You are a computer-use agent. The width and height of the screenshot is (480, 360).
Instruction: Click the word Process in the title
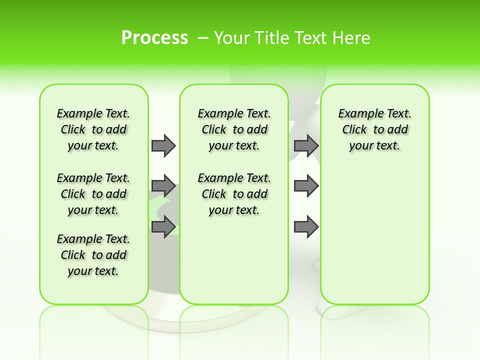coord(154,37)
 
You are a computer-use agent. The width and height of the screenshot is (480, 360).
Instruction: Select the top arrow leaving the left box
coord(163,145)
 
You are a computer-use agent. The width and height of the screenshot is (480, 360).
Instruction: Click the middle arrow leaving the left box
coord(163,186)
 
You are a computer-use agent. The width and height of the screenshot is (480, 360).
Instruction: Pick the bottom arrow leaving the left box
coord(163,227)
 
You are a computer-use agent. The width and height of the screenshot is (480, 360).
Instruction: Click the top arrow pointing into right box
coord(306,145)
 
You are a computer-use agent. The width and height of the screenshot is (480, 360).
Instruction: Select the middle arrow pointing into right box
coord(306,186)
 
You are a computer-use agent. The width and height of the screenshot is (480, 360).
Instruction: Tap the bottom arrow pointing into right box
coord(306,227)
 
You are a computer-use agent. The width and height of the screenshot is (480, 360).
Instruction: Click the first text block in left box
coord(93,129)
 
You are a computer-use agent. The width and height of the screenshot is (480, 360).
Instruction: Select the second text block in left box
coord(93,194)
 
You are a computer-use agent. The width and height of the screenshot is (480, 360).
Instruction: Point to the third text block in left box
coord(93,255)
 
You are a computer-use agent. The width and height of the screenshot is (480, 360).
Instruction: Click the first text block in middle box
coord(234,129)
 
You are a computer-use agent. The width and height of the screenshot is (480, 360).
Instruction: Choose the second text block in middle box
coord(234,194)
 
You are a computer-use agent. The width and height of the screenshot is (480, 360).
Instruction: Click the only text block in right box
coord(375,129)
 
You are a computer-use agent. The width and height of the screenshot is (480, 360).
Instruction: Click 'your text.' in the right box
coord(375,146)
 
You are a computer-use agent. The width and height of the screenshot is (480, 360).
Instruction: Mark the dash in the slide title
coord(203,38)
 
